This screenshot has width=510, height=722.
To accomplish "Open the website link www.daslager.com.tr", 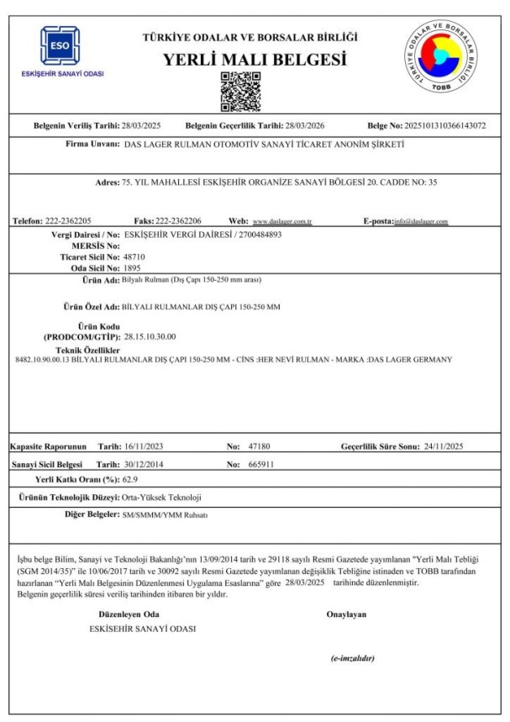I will tap(283, 221).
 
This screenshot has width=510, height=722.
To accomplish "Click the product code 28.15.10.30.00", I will tap(150, 337).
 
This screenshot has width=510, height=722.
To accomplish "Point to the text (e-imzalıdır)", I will tap(352, 659).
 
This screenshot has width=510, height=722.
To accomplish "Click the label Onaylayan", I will tap(346, 614).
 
